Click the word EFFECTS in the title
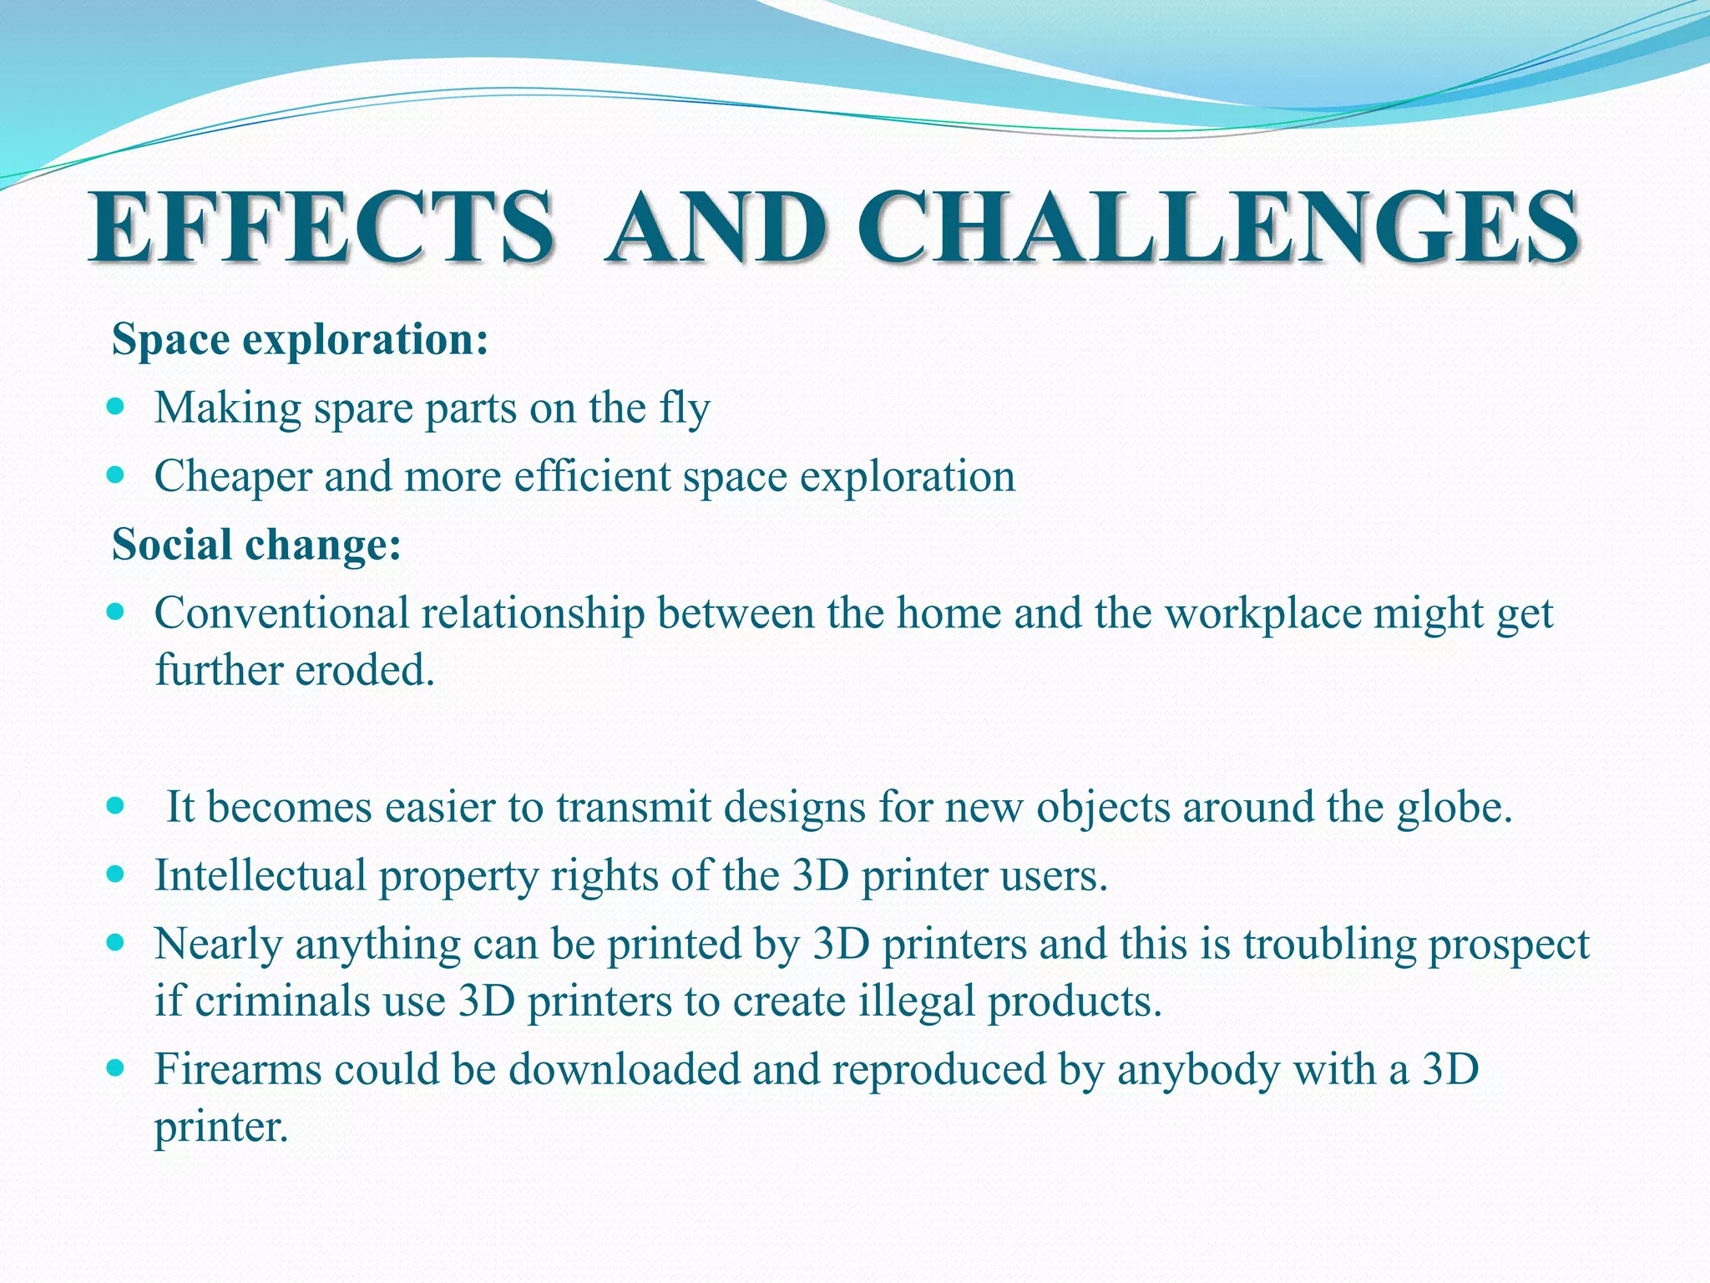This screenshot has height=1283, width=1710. pyautogui.click(x=321, y=227)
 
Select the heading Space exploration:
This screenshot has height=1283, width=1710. pyautogui.click(x=300, y=340)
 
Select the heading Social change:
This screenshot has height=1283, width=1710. pyautogui.click(x=256, y=545)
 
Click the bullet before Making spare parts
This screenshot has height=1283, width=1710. pyautogui.click(x=116, y=408)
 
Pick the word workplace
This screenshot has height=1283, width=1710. pyautogui.click(x=1263, y=614)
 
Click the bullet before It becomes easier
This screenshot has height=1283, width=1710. pyautogui.click(x=116, y=806)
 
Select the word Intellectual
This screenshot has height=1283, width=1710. pyautogui.click(x=261, y=876)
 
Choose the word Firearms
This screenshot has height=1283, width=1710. pyautogui.click(x=238, y=1070)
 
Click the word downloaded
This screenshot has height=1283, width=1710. pyautogui.click(x=625, y=1070)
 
